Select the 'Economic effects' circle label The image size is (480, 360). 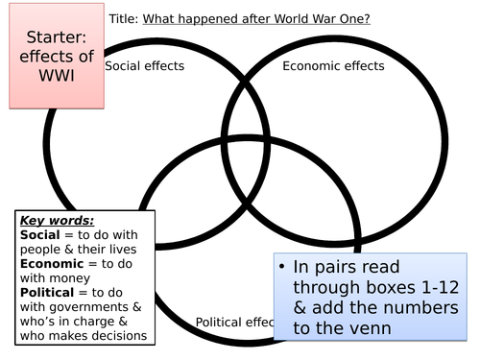333,66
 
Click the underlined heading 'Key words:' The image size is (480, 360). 57,221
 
